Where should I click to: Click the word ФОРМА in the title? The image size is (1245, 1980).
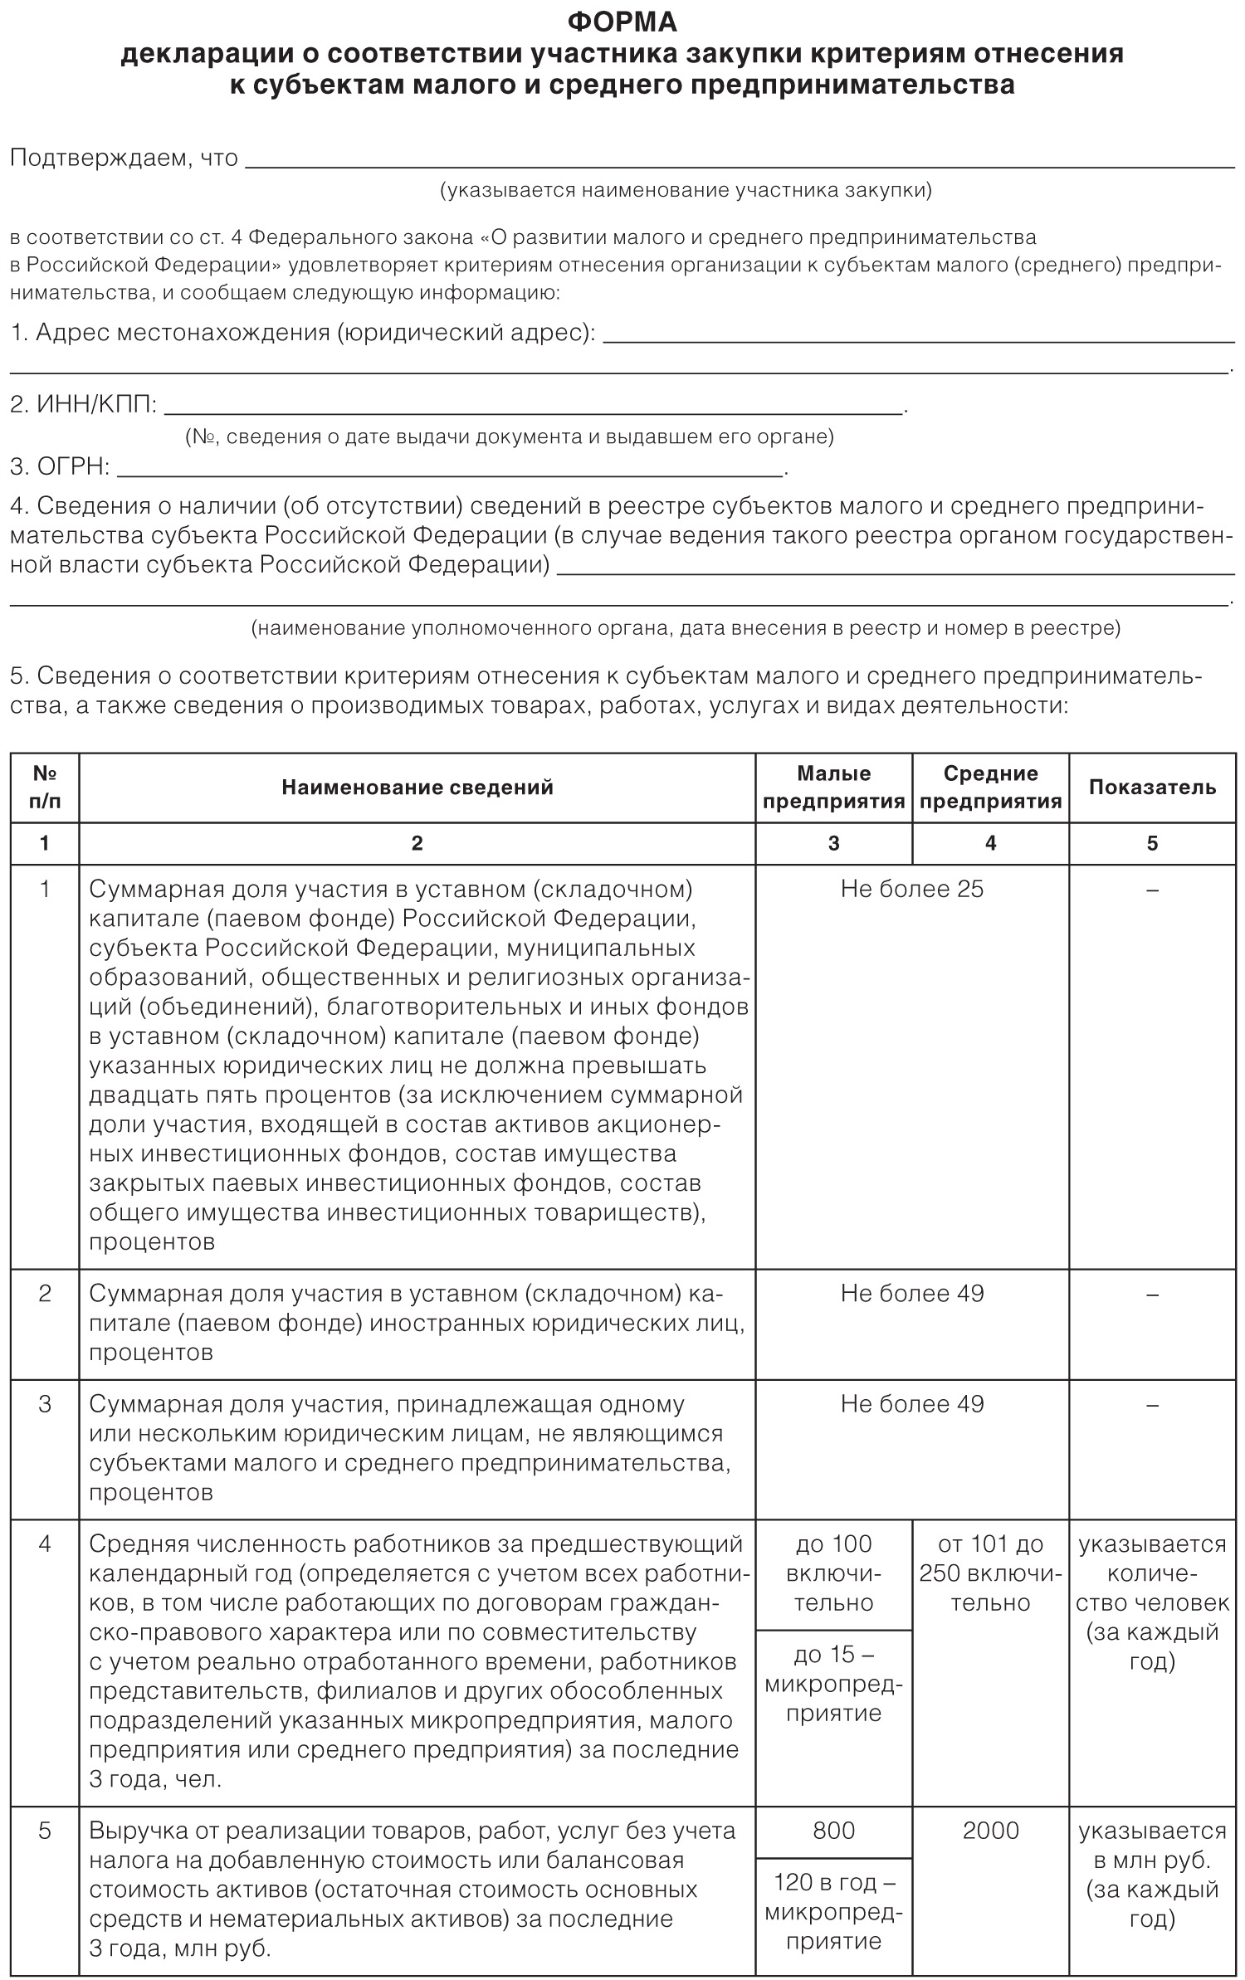(622, 22)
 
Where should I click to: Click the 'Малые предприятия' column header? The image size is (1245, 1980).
(833, 788)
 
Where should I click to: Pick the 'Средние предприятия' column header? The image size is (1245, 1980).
(990, 788)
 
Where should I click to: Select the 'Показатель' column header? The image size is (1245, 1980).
(1152, 788)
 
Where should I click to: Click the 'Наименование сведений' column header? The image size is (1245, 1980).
(417, 788)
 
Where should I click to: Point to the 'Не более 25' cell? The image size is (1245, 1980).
(911, 890)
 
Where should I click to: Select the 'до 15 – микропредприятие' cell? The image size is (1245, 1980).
(833, 1684)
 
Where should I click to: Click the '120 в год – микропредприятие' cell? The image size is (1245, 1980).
(833, 1911)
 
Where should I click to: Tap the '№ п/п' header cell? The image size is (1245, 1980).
(45, 788)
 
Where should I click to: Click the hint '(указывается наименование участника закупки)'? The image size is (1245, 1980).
(686, 191)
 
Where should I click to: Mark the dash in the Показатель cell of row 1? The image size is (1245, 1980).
(1152, 890)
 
